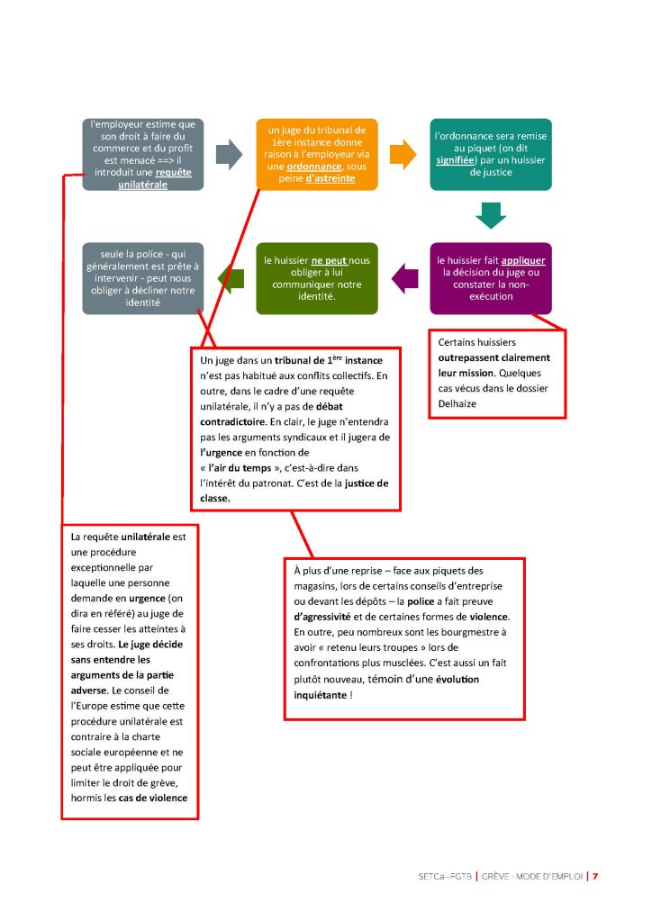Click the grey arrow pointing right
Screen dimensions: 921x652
pyautogui.click(x=230, y=154)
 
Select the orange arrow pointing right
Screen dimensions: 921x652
pyautogui.click(x=403, y=154)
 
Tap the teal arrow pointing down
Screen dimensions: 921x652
pyautogui.click(x=491, y=216)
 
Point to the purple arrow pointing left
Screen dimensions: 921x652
pyautogui.click(x=406, y=277)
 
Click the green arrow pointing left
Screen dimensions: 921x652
pyautogui.click(x=231, y=277)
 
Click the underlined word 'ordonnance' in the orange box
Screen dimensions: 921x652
pyautogui.click(x=314, y=167)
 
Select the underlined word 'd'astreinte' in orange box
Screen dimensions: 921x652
pyautogui.click(x=330, y=178)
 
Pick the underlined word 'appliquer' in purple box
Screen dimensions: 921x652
pyautogui.click(x=523, y=260)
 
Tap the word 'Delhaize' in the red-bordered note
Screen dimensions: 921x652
pyautogui.click(x=458, y=403)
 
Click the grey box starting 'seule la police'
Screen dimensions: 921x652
pyautogui.click(x=142, y=278)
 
